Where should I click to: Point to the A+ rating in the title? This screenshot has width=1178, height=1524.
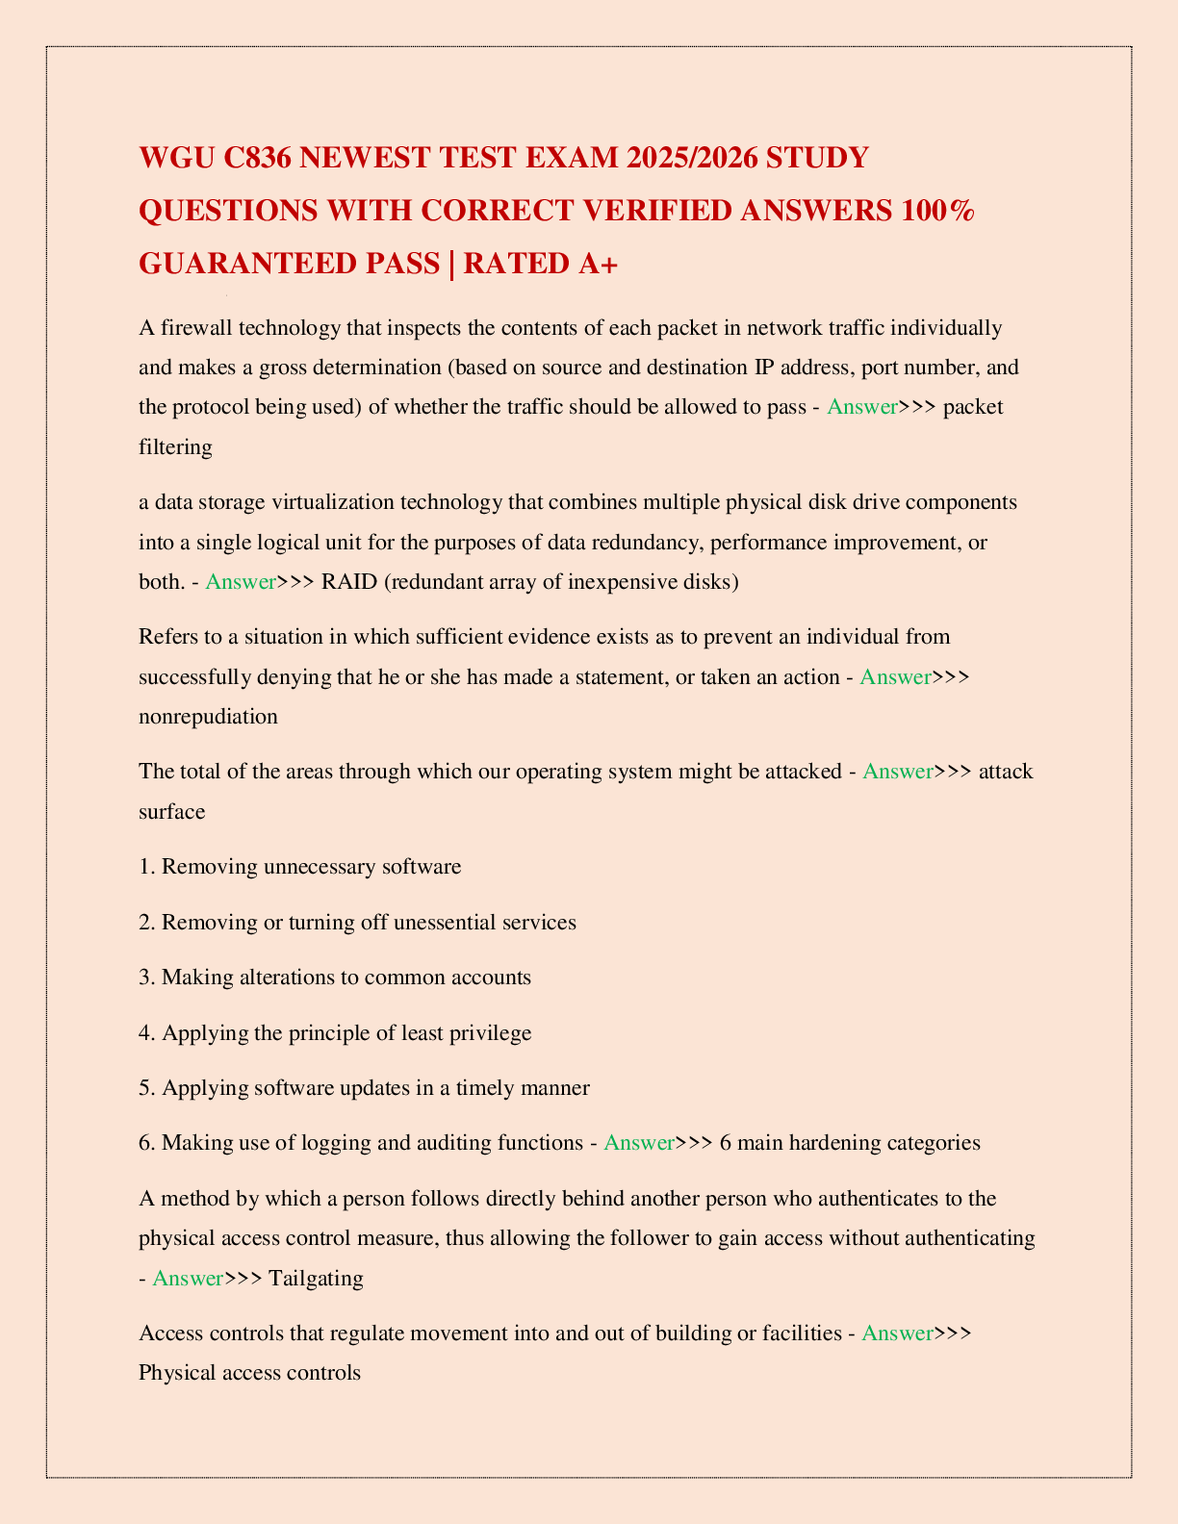[598, 264]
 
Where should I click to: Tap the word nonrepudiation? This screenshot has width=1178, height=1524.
[208, 717]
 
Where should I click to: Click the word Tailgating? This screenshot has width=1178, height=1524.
[316, 1279]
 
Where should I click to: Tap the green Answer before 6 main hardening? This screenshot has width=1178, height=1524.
[639, 1143]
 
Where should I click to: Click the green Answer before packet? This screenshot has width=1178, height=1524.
[861, 407]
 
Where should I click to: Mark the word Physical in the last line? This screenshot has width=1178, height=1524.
[175, 1373]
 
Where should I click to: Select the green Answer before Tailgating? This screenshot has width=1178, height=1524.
[188, 1279]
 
